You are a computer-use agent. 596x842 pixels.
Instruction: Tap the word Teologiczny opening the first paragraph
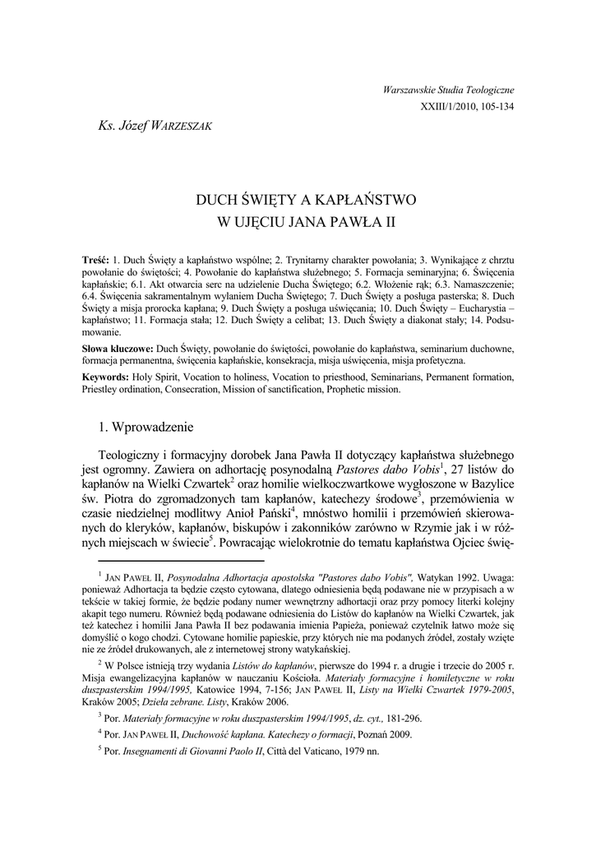click(136, 454)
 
